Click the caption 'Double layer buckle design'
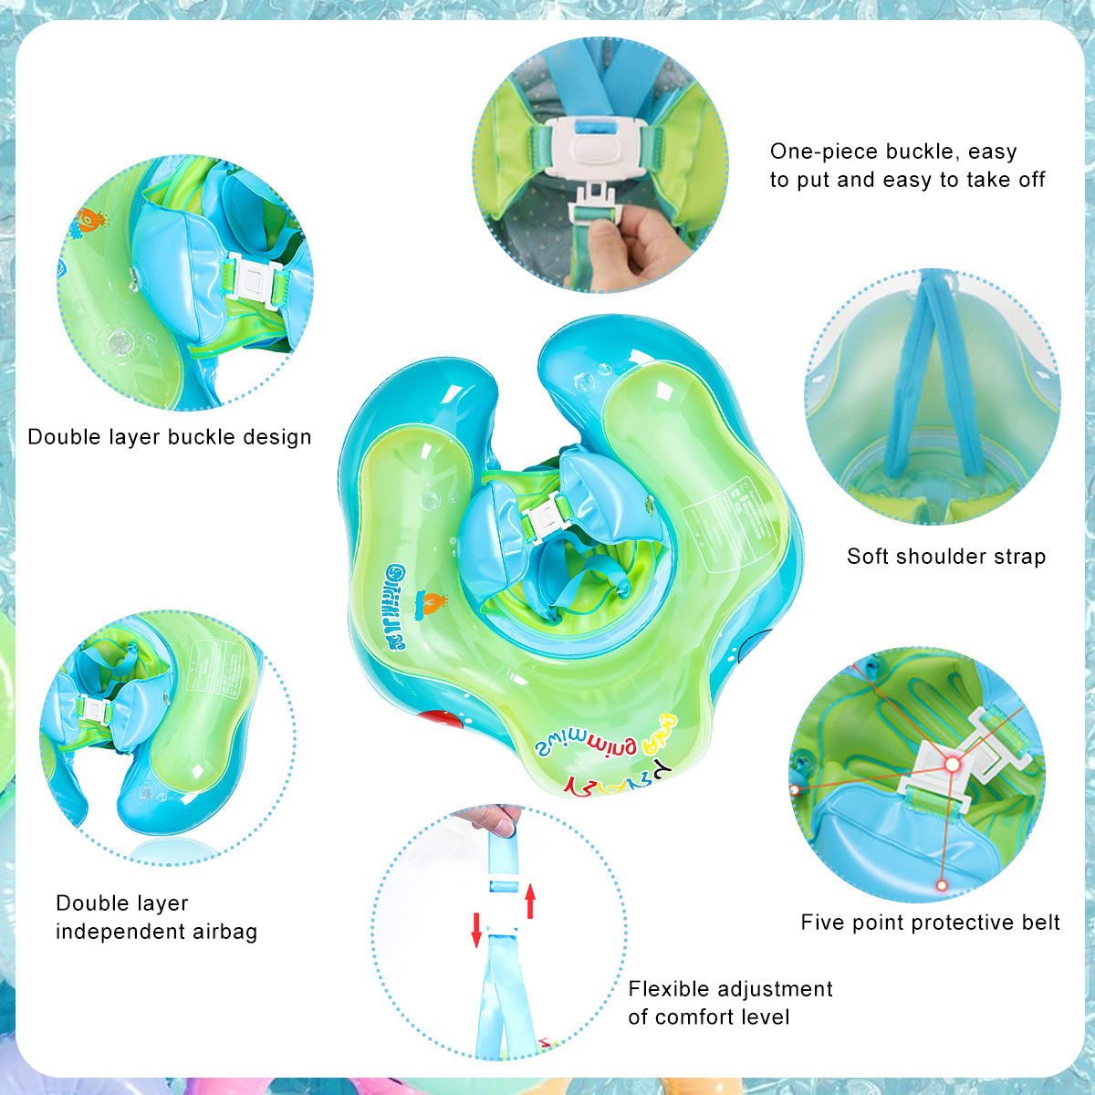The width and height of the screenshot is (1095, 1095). tap(170, 437)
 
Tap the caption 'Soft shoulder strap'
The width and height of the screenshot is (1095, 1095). tap(946, 557)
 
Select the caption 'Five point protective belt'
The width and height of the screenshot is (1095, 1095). tap(930, 923)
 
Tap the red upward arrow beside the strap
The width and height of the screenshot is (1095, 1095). tap(530, 902)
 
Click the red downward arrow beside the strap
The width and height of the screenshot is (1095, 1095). tap(476, 929)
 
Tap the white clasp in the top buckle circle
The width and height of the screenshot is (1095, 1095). tap(598, 146)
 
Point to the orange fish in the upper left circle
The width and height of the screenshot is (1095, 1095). tap(89, 221)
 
